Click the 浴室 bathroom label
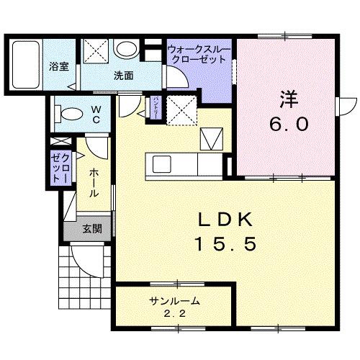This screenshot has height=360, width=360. coord(59,67)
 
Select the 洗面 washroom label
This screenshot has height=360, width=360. coord(123,75)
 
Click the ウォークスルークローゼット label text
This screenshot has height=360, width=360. coord(199,55)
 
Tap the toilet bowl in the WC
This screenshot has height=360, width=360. coord(70,114)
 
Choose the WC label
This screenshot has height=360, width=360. coord(95,115)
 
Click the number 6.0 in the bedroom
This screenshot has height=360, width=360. coord(289,123)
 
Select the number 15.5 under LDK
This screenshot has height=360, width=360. coord(224,245)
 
